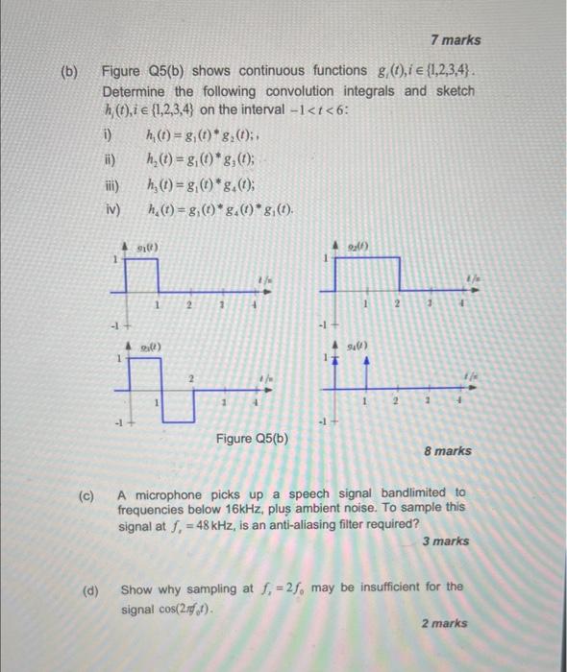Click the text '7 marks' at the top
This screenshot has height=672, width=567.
[456, 40]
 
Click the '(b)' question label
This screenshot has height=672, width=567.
[71, 72]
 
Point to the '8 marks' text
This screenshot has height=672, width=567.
[447, 450]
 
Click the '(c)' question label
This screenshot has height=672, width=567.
[86, 496]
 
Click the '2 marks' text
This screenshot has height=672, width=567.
[444, 623]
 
